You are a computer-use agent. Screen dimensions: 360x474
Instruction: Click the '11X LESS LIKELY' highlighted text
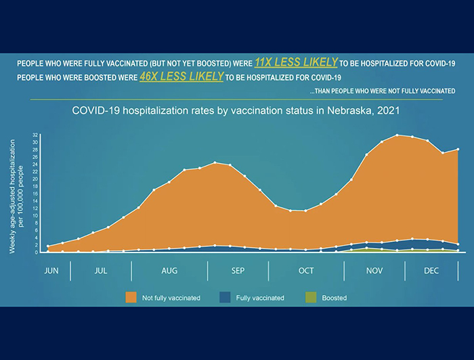pos(296,62)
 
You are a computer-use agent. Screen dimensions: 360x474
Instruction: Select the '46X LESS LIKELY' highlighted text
pos(181,76)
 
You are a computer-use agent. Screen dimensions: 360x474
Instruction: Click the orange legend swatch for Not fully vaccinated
pos(131,297)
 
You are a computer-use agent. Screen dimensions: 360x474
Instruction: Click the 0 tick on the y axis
pos(37,252)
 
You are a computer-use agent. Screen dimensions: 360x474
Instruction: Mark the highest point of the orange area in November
pos(397,135)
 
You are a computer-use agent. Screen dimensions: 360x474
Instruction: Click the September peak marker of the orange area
pos(215,162)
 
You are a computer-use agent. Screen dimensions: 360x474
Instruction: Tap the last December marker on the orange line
pos(458,149)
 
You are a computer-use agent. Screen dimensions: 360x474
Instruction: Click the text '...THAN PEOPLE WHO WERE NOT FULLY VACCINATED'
pos(382,91)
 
